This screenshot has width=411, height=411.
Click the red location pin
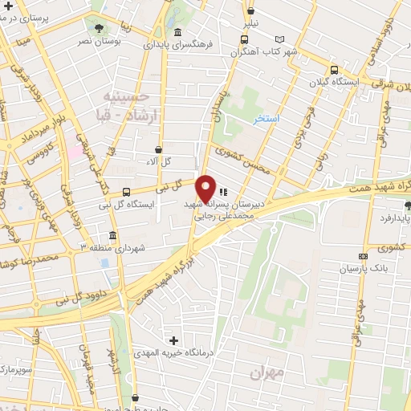click(205, 189)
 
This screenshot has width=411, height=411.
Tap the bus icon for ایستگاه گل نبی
click(127, 191)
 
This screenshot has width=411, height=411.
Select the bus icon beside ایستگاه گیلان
click(333, 71)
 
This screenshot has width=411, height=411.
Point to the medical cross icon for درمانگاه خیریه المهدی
click(174, 340)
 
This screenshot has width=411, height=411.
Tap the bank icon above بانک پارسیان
click(363, 256)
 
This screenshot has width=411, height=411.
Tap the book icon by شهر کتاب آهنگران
click(279, 40)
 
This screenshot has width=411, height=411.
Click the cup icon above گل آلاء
click(158, 149)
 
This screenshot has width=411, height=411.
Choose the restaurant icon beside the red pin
click(223, 192)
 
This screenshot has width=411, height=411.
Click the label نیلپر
click(251, 23)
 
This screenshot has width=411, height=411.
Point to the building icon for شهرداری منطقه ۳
click(111, 236)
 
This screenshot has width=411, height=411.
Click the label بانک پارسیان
click(357, 269)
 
